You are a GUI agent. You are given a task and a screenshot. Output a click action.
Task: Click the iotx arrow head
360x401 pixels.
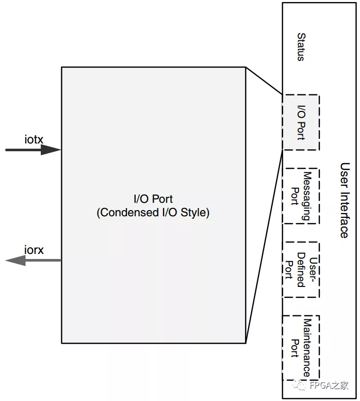(52, 150)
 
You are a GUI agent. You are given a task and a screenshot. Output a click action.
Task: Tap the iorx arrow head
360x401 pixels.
(15, 261)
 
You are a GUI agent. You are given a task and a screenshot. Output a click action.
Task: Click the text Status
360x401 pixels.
(301, 47)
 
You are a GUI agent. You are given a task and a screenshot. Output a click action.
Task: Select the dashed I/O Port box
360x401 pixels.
(301, 122)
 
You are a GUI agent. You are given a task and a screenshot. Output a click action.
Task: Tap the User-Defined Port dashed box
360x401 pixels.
(301, 269)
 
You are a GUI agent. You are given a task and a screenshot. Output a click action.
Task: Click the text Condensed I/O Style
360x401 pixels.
(153, 213)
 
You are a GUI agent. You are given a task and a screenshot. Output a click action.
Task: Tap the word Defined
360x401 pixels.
(300, 270)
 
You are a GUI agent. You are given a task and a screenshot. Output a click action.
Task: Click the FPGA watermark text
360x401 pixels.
(329, 386)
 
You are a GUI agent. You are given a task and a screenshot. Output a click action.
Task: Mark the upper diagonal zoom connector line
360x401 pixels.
(264, 81)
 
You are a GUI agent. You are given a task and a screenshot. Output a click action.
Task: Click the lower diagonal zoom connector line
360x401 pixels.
(264, 247)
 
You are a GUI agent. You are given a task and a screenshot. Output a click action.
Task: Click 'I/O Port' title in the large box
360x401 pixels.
(153, 199)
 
